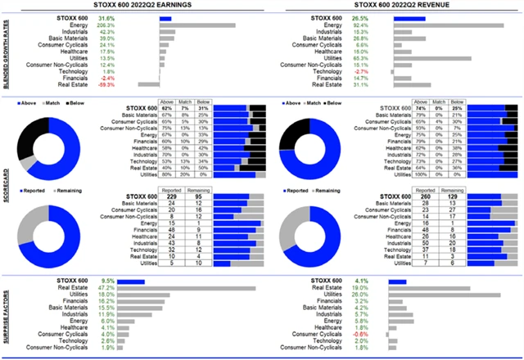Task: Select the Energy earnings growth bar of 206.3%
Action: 196,25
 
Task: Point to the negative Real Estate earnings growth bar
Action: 148,83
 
